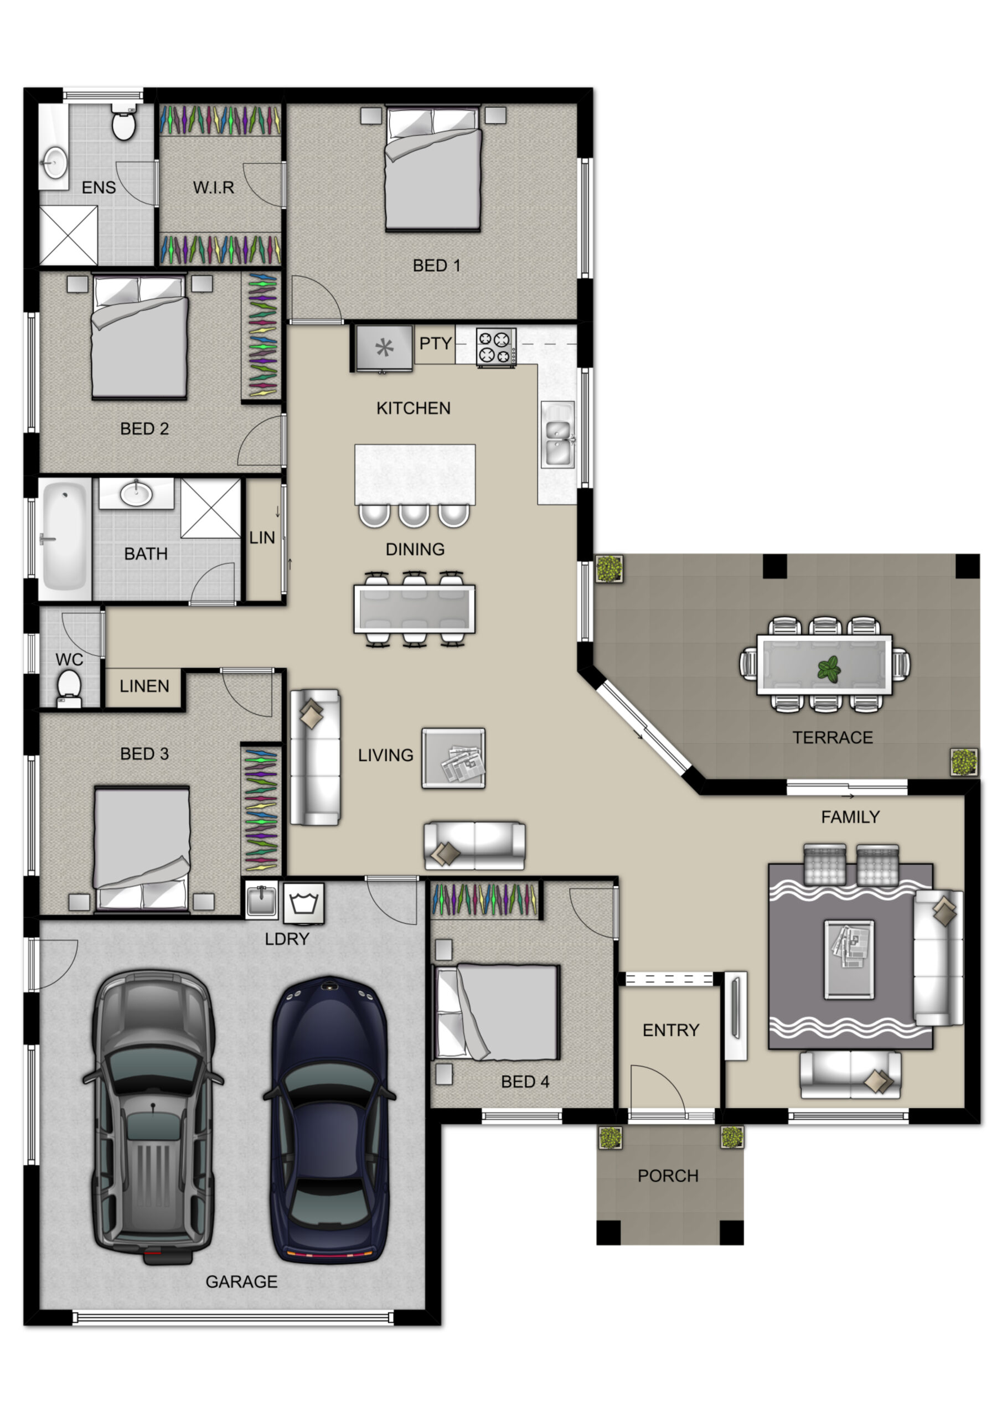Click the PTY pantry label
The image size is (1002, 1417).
click(x=435, y=343)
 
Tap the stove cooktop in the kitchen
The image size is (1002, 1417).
click(x=496, y=348)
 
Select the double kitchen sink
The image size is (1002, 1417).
click(x=558, y=434)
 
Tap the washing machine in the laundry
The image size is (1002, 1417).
click(x=304, y=903)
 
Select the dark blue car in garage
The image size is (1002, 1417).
click(x=330, y=1120)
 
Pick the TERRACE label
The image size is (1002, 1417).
click(x=832, y=737)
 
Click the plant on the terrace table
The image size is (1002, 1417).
click(x=829, y=669)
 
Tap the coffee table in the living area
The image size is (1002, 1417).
click(x=453, y=758)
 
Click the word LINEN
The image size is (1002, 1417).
click(x=144, y=686)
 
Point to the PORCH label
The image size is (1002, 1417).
click(x=668, y=1176)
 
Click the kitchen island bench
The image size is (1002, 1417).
click(x=415, y=474)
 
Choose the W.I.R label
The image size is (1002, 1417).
click(x=214, y=187)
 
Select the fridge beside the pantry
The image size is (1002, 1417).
click(x=384, y=348)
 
